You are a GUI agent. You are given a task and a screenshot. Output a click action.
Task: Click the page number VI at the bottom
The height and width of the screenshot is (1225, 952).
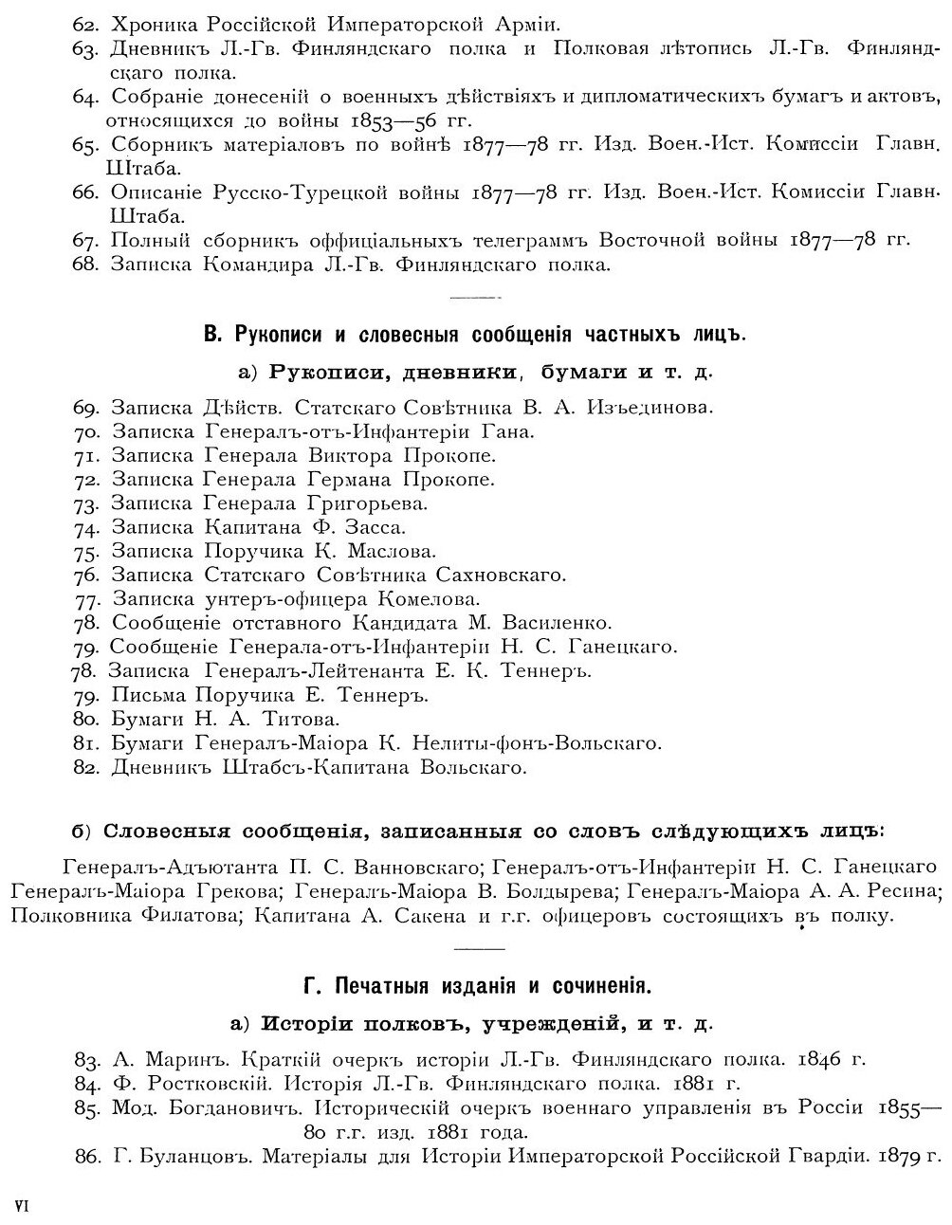click(x=24, y=1205)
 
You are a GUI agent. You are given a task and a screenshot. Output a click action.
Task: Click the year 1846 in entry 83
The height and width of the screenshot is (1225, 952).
click(x=821, y=1059)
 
